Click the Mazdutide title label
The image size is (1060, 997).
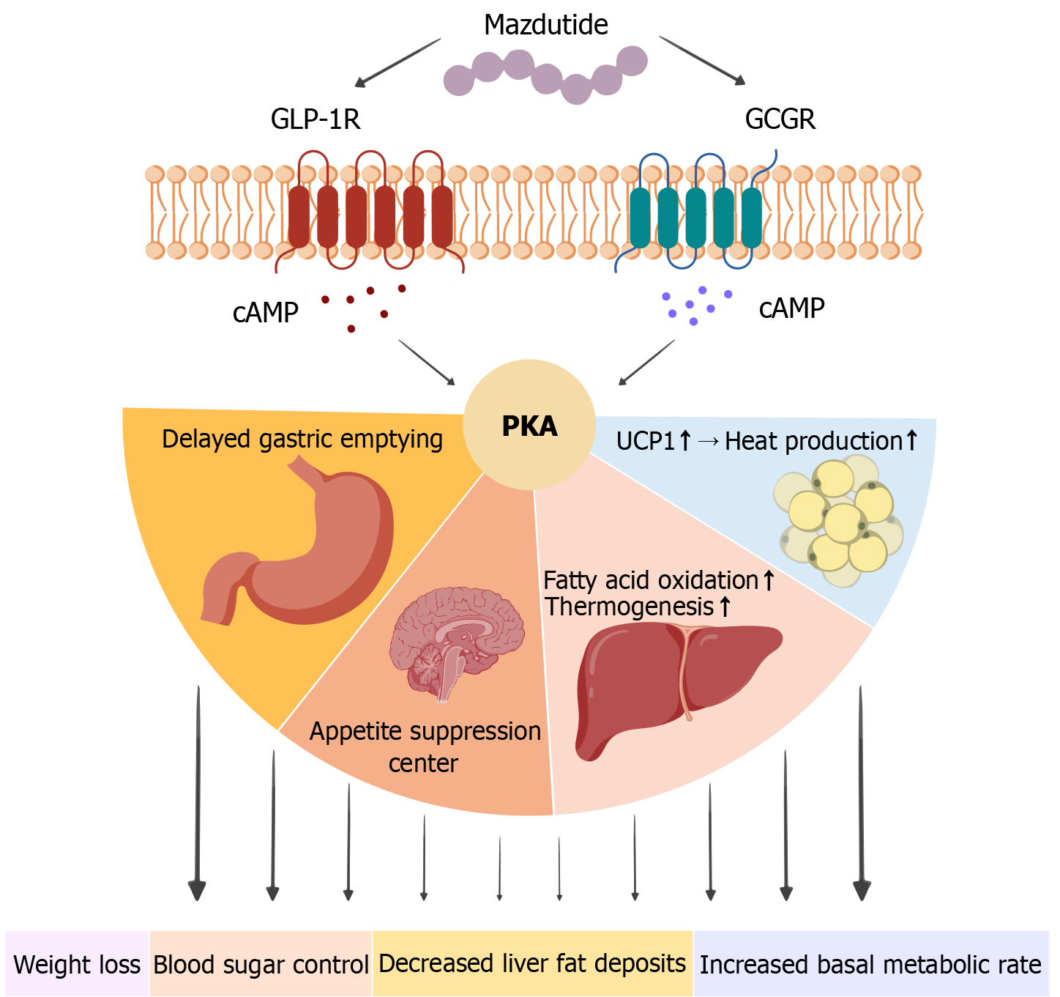[x=545, y=26]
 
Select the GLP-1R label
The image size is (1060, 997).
[x=316, y=119]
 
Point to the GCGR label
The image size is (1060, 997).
[x=780, y=119]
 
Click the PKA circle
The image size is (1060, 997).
[x=529, y=426]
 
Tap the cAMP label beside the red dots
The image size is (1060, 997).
[x=266, y=313]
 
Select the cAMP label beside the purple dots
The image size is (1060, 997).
[x=791, y=308]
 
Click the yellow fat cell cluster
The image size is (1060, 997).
[x=839, y=520]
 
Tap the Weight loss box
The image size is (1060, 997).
[x=77, y=965]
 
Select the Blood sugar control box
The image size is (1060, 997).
[x=261, y=965]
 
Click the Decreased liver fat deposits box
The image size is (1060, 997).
[x=532, y=964]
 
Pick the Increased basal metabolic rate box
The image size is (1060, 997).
[x=870, y=965]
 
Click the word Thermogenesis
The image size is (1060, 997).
[x=630, y=607]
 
